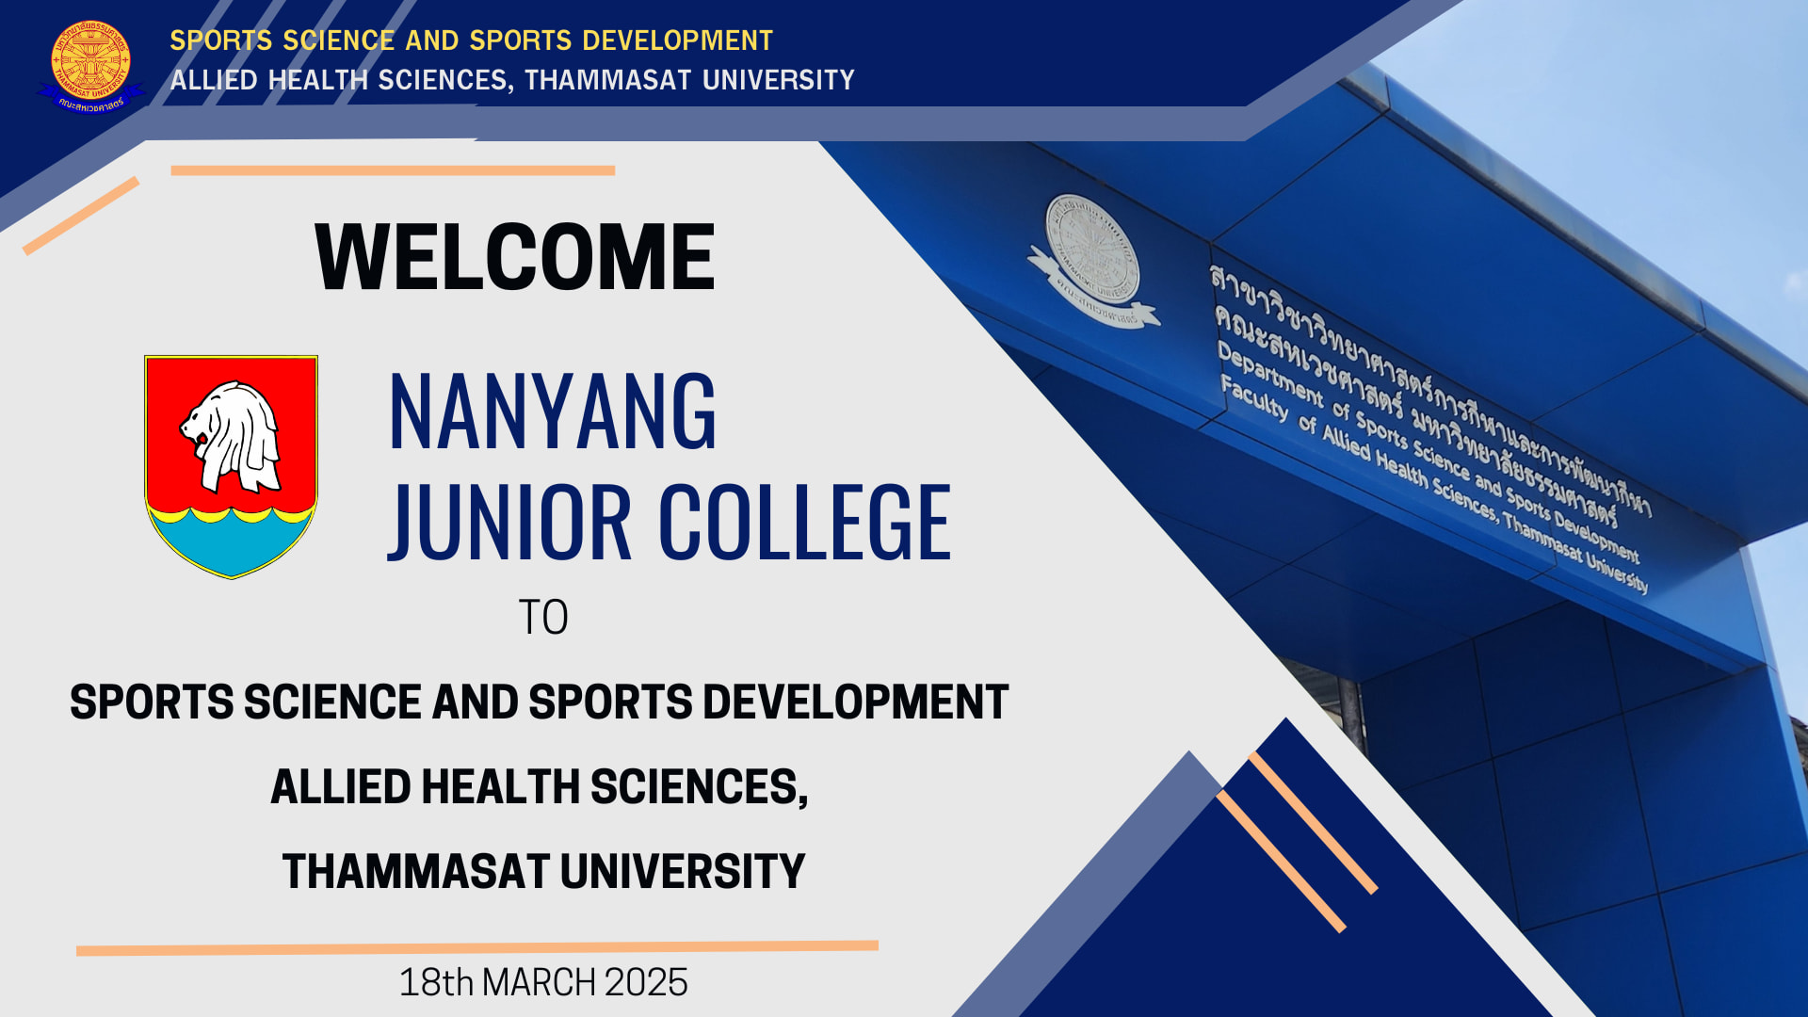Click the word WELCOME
515,256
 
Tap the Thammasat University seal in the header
90,64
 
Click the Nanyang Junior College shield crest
231,466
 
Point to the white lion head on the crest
232,435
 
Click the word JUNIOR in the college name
509,522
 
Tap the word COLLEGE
805,522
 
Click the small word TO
543,618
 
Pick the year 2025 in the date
646,982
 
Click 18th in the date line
436,982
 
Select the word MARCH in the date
539,982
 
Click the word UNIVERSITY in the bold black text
683,871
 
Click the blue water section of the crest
231,541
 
